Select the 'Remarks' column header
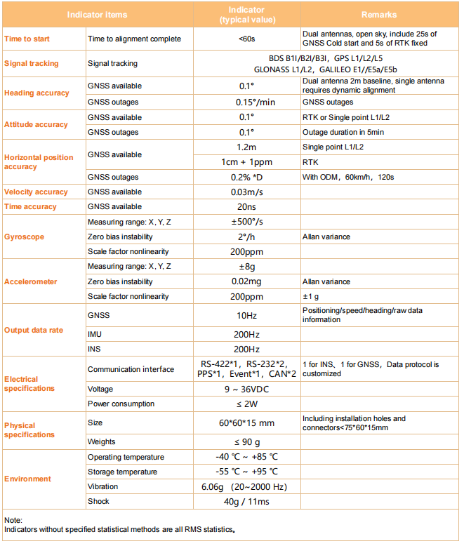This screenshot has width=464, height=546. [x=379, y=14]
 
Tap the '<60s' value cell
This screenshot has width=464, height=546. [x=246, y=39]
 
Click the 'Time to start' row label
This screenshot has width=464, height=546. [x=27, y=39]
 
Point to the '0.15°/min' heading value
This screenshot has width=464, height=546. [x=246, y=102]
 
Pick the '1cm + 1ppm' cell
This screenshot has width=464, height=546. [x=246, y=161]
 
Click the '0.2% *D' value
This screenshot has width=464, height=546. [x=246, y=177]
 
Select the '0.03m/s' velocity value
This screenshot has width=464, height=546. [x=246, y=192]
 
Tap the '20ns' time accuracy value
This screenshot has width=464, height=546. [x=246, y=206]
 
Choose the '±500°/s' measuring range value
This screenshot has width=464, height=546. [x=246, y=222]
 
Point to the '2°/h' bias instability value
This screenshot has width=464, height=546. [x=246, y=237]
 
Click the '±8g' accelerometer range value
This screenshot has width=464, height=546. [x=246, y=267]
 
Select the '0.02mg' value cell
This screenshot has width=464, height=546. [x=246, y=281]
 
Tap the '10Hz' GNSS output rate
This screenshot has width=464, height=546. [x=246, y=315]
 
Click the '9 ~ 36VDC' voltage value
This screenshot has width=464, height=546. [x=246, y=389]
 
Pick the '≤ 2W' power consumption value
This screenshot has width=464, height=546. [x=246, y=404]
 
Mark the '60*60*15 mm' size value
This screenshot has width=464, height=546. [x=246, y=422]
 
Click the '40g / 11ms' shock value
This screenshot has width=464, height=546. [x=246, y=501]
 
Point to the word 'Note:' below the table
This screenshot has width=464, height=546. [x=13, y=520]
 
